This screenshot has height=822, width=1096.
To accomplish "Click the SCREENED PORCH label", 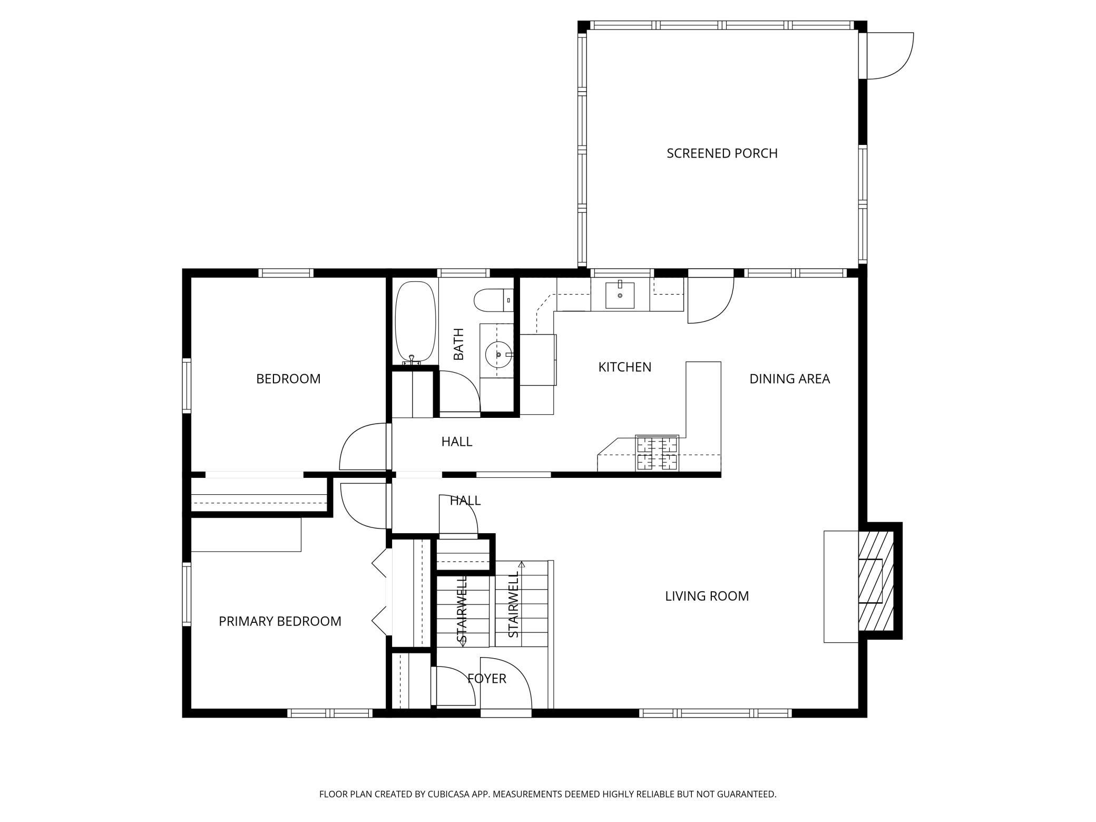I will (x=722, y=153).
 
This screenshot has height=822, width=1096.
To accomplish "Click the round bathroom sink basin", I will (x=497, y=355).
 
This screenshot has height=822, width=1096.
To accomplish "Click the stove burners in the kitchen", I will (x=657, y=453).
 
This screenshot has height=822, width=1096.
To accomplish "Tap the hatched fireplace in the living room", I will (x=876, y=580).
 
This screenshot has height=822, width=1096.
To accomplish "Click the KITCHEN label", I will (x=624, y=367).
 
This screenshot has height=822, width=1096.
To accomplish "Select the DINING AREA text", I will (x=789, y=379).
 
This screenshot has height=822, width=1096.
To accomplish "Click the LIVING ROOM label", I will (x=707, y=596).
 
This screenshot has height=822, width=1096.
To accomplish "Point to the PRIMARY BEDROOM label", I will (x=280, y=621).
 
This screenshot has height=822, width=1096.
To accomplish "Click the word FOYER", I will (x=487, y=679).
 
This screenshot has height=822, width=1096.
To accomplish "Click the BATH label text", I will (x=458, y=344).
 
